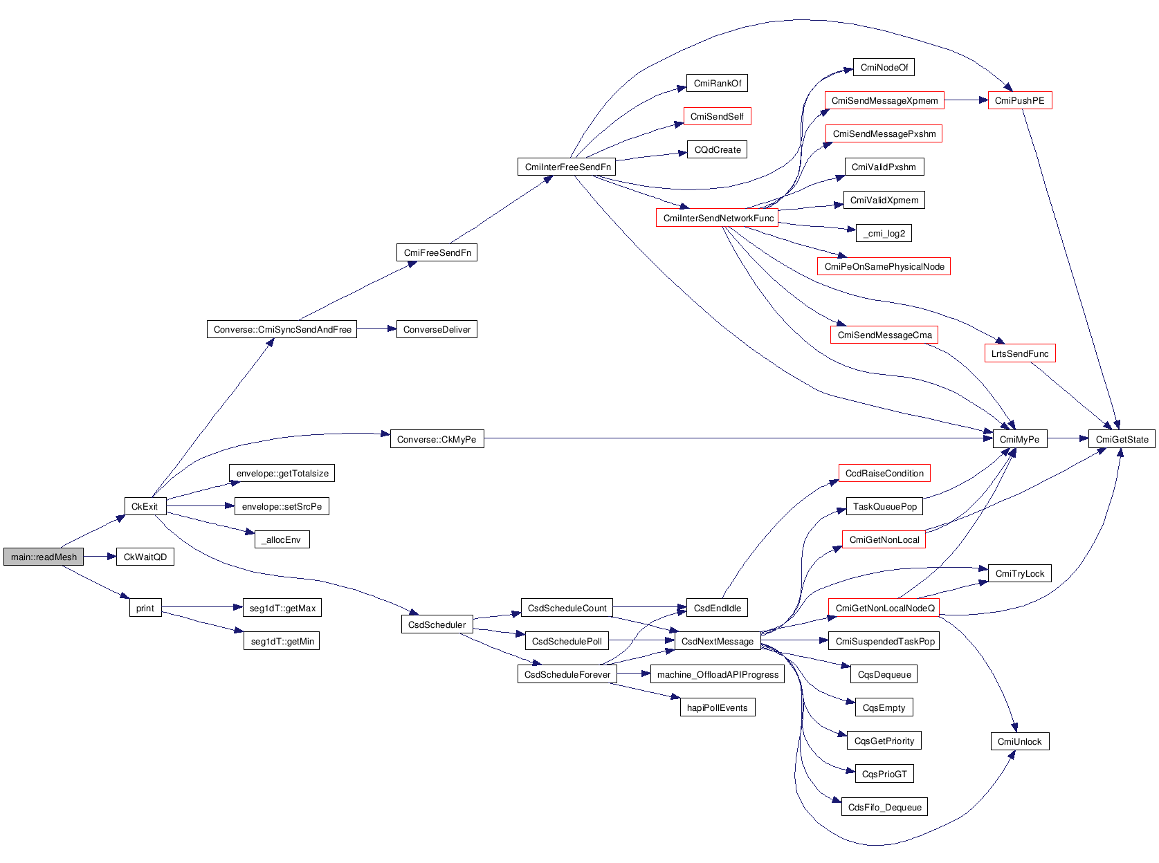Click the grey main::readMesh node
click(44, 557)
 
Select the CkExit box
click(145, 506)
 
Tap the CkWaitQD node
click(145, 557)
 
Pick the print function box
click(145, 608)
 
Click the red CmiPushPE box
click(1019, 100)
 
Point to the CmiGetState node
click(1122, 439)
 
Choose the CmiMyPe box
click(1019, 439)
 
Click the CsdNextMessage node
click(718, 641)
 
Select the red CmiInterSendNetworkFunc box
click(718, 218)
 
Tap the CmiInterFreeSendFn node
click(567, 167)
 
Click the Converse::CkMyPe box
click(437, 439)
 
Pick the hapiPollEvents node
click(717, 707)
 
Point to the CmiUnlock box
click(1019, 741)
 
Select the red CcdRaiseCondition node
click(884, 473)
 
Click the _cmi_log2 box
click(884, 233)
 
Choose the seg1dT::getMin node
click(282, 641)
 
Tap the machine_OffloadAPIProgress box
click(718, 674)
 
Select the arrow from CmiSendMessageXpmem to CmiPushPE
click(966, 100)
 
